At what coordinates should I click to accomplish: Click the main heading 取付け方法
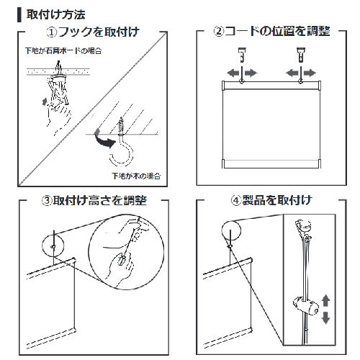[x=55, y=14]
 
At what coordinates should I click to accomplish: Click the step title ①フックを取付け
[x=92, y=32]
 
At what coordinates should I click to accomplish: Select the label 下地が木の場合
[x=135, y=175]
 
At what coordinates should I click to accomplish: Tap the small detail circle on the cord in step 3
[x=53, y=242]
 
